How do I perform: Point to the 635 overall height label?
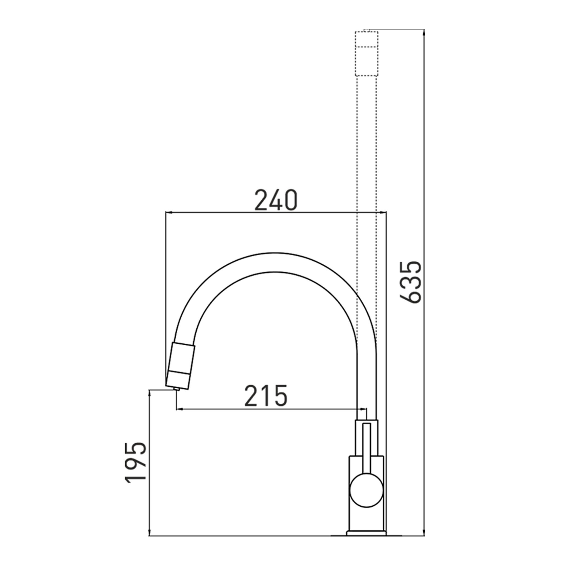tap(411, 283)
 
